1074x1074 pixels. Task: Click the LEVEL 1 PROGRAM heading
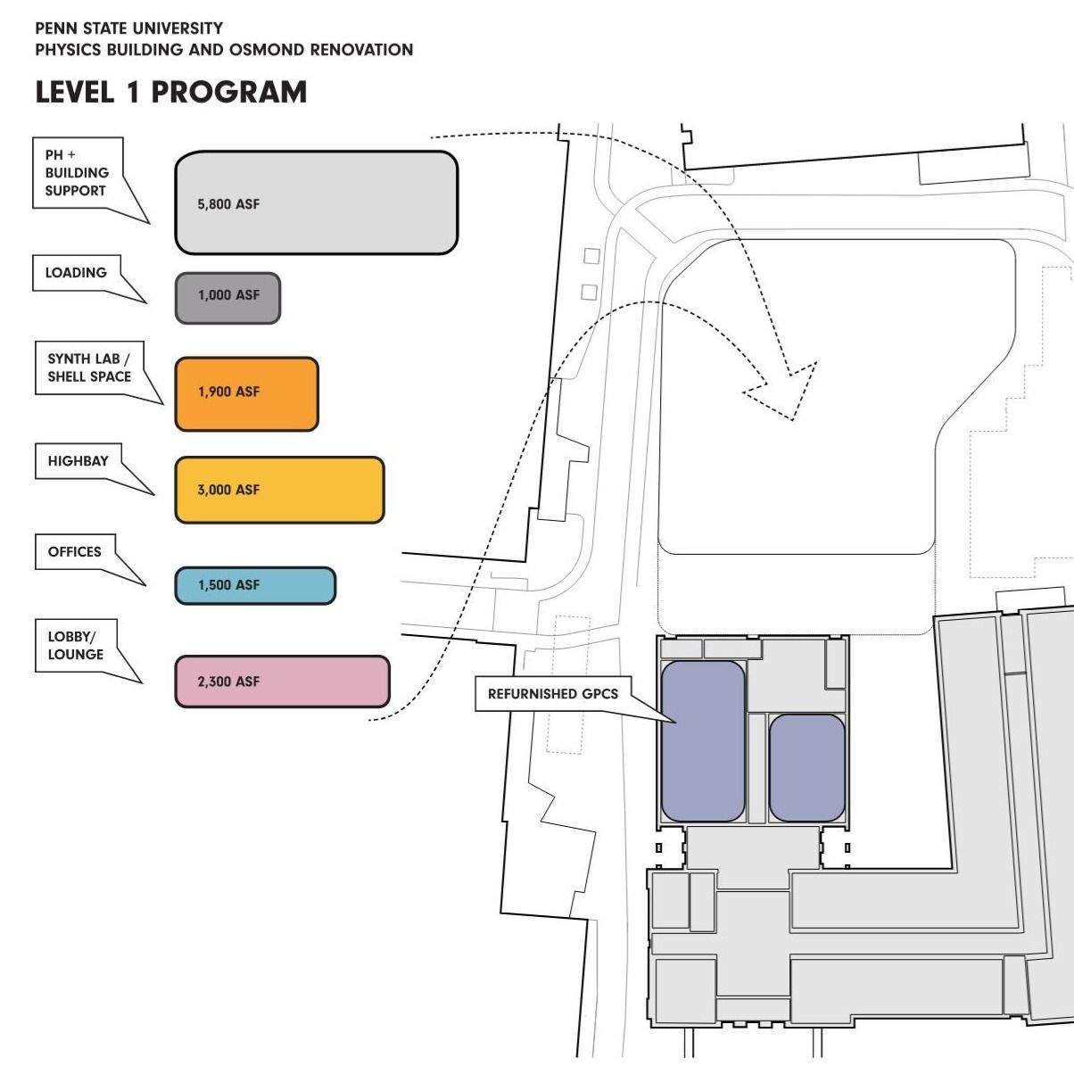click(x=170, y=92)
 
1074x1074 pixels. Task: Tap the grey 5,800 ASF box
click(x=316, y=202)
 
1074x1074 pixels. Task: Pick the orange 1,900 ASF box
click(x=246, y=393)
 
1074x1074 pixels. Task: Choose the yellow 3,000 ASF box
click(x=279, y=490)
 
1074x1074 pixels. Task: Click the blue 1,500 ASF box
click(x=255, y=585)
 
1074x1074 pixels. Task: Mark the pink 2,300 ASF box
click(x=282, y=682)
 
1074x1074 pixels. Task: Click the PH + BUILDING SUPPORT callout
click(x=77, y=173)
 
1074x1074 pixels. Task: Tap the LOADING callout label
click(x=76, y=273)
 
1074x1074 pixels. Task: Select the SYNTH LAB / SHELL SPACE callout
click(x=89, y=368)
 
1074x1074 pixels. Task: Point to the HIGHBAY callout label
click(x=78, y=461)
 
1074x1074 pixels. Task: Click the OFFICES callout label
click(x=75, y=552)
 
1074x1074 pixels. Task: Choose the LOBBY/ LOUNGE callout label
click(x=76, y=646)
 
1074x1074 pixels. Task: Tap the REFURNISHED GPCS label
click(x=552, y=693)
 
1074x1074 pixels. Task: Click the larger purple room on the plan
click(x=703, y=740)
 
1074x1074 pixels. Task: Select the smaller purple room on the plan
click(x=806, y=767)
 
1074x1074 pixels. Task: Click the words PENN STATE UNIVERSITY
click(x=129, y=29)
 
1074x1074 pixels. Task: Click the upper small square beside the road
click(x=591, y=256)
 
